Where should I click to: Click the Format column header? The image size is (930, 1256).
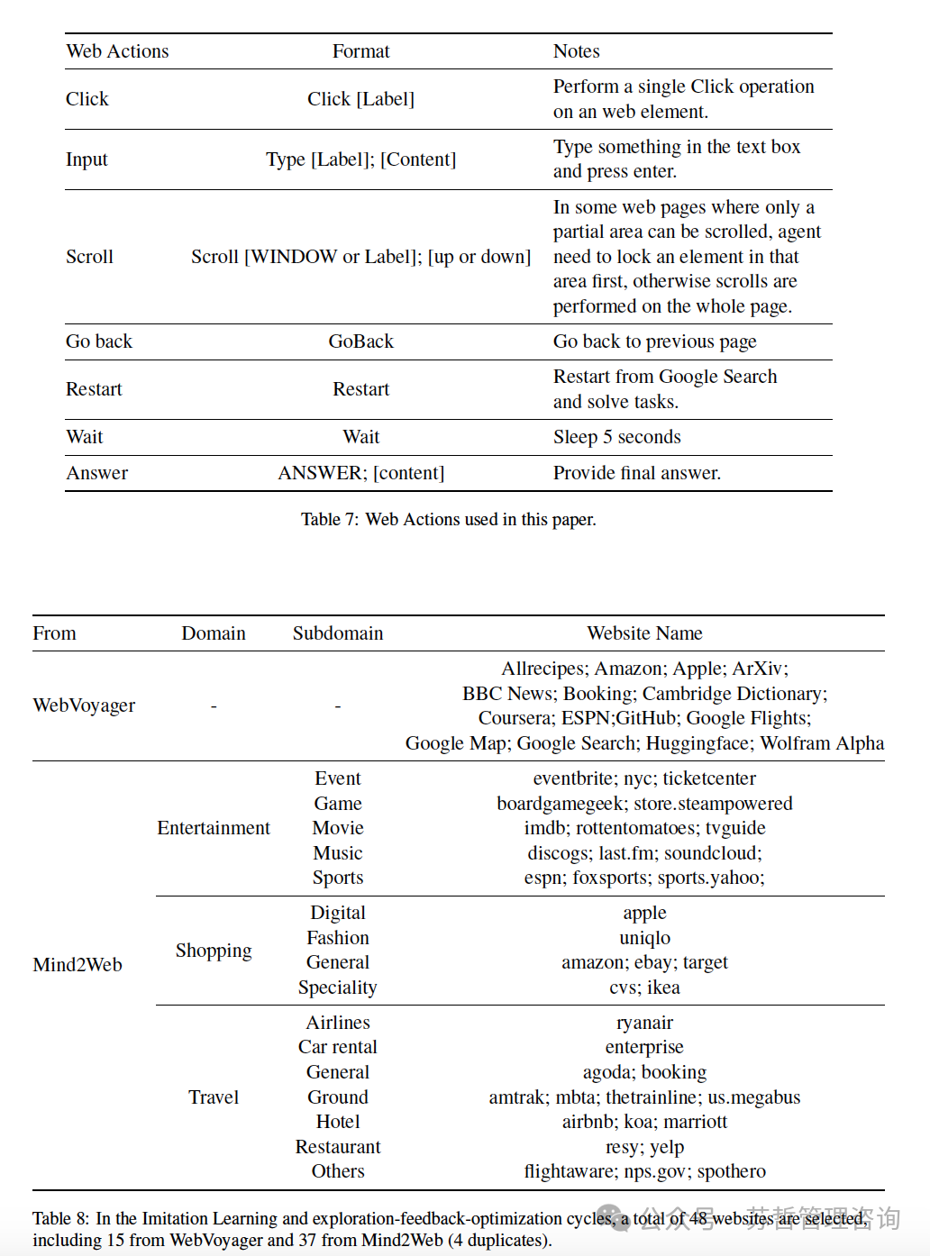pos(360,51)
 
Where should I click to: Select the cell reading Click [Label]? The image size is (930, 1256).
pos(360,99)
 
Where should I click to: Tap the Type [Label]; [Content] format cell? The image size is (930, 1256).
pos(360,159)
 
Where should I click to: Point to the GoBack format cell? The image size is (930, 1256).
pos(360,341)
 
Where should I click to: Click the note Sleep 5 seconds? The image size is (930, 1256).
pos(616,437)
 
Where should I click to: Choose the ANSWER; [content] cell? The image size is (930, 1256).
pos(360,473)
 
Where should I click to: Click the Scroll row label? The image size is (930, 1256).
pos(89,257)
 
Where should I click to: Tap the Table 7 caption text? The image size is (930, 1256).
pos(448,519)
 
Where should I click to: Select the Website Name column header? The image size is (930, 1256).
pos(644,633)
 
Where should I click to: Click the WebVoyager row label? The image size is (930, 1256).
pos(84,705)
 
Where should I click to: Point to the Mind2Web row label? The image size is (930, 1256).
pos(77,965)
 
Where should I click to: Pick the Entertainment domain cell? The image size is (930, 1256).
pos(214,828)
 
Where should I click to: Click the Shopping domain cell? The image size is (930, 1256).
pos(214,951)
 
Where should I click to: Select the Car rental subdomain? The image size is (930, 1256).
pos(338,1047)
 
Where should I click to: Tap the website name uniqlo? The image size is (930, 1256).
pos(644,938)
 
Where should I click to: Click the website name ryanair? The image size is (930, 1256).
pos(644,1023)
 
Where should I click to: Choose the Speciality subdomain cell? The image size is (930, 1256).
pos(338,988)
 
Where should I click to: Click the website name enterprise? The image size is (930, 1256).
pos(644,1047)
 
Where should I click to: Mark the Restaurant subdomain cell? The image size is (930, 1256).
pos(338,1147)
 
